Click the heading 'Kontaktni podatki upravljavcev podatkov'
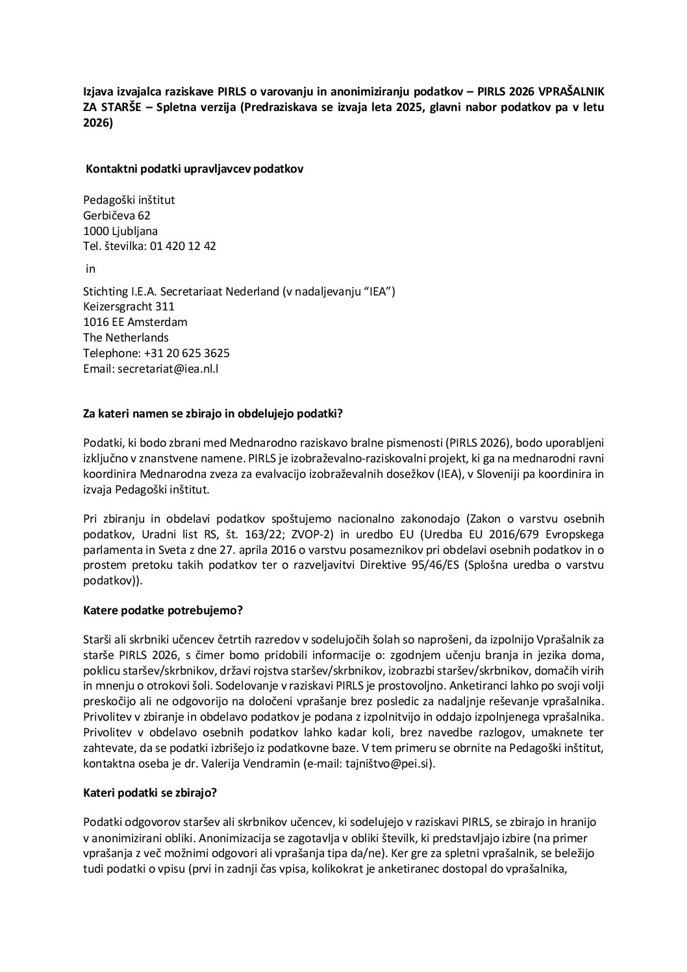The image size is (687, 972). pos(195,169)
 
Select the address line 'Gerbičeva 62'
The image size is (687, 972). pos(117,216)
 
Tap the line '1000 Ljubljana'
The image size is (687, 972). pos(120,231)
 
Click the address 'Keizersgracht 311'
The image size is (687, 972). pos(129,306)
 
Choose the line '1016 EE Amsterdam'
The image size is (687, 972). pos(135,322)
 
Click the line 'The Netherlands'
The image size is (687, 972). pos(125,338)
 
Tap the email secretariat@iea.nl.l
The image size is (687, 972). pos(178,369)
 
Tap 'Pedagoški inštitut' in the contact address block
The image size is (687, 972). pos(129,200)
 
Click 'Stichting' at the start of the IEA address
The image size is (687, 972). pos(106,291)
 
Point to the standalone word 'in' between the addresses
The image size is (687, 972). pos(91,269)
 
